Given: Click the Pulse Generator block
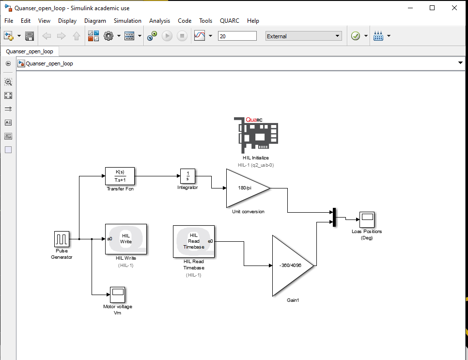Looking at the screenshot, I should click(x=62, y=239).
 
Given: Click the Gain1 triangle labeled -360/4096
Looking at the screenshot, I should click(x=291, y=266).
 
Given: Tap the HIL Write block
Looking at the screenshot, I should click(x=126, y=239).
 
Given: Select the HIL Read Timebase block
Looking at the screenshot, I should click(x=194, y=241).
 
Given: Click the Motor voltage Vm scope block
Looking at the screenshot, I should click(x=117, y=294).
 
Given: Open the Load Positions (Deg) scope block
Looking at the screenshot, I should click(x=366, y=219).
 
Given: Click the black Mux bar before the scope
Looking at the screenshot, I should click(x=334, y=217).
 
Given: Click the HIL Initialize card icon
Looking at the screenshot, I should click(x=256, y=135).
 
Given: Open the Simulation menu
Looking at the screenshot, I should click(x=127, y=21).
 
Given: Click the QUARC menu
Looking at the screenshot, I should click(x=229, y=21).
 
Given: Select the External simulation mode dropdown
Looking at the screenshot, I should click(x=304, y=36).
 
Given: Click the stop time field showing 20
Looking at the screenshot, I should click(x=237, y=36).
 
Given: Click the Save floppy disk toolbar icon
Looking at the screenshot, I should click(x=30, y=36).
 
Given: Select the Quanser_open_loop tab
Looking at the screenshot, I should click(x=30, y=51).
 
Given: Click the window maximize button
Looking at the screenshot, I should click(x=432, y=8).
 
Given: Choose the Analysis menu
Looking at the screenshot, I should click(x=159, y=21).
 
